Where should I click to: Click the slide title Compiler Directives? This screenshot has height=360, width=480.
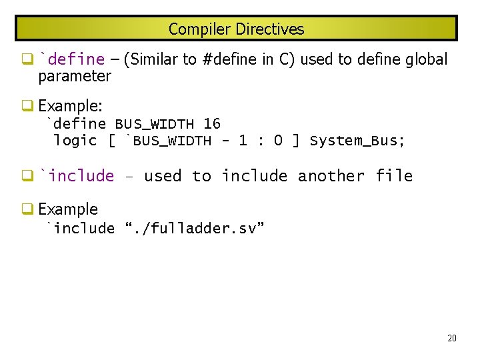tap(236, 29)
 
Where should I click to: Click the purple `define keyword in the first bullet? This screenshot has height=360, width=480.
tap(72, 59)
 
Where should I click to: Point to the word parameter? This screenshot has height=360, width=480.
tap(75, 76)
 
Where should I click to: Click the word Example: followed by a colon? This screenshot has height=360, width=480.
tap(70, 106)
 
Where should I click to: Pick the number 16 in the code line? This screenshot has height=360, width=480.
tap(212, 124)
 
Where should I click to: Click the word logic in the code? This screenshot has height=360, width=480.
tap(75, 141)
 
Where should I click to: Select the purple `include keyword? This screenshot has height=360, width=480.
tap(77, 176)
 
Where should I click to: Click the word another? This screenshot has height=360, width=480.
tap(331, 176)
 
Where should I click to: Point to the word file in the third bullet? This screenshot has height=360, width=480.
tap(394, 176)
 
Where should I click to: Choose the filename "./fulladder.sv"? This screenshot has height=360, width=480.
tap(195, 229)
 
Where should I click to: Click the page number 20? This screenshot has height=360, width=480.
tap(452, 339)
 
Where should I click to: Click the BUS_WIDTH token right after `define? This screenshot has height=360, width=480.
tap(155, 124)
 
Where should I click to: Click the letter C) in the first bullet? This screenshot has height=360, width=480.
tap(287, 59)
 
